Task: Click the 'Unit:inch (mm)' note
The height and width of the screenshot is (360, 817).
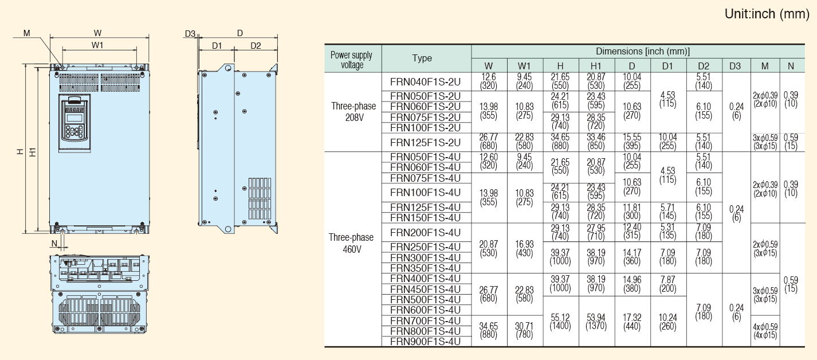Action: (x=767, y=14)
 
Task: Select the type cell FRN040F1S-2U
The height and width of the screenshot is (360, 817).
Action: (x=425, y=82)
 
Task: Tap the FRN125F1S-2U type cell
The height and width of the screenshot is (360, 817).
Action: (x=425, y=142)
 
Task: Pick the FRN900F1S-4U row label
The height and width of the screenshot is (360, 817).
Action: (x=425, y=342)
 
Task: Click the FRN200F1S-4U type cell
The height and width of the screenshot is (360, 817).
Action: (x=425, y=232)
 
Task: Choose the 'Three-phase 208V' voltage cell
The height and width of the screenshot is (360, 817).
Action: (x=353, y=112)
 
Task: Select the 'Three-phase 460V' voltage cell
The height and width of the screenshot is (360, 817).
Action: (x=351, y=243)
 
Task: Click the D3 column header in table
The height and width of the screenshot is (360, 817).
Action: (x=735, y=66)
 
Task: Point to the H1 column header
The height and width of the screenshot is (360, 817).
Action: (x=596, y=66)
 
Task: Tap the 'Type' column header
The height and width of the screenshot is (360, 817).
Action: (x=422, y=58)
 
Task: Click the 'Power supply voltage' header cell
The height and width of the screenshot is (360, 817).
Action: (x=351, y=60)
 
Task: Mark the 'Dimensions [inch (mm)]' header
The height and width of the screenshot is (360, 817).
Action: (x=643, y=52)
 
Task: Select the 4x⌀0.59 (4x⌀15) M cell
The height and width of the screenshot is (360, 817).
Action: (x=765, y=331)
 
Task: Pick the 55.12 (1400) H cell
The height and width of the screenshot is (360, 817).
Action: (x=560, y=321)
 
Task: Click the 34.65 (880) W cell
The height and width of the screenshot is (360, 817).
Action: (x=488, y=330)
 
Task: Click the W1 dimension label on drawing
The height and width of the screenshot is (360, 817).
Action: (x=97, y=45)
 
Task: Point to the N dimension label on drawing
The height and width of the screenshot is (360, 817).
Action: (x=54, y=244)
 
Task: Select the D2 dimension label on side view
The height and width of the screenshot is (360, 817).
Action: (x=256, y=46)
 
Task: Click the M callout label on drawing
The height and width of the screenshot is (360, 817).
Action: (x=26, y=33)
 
